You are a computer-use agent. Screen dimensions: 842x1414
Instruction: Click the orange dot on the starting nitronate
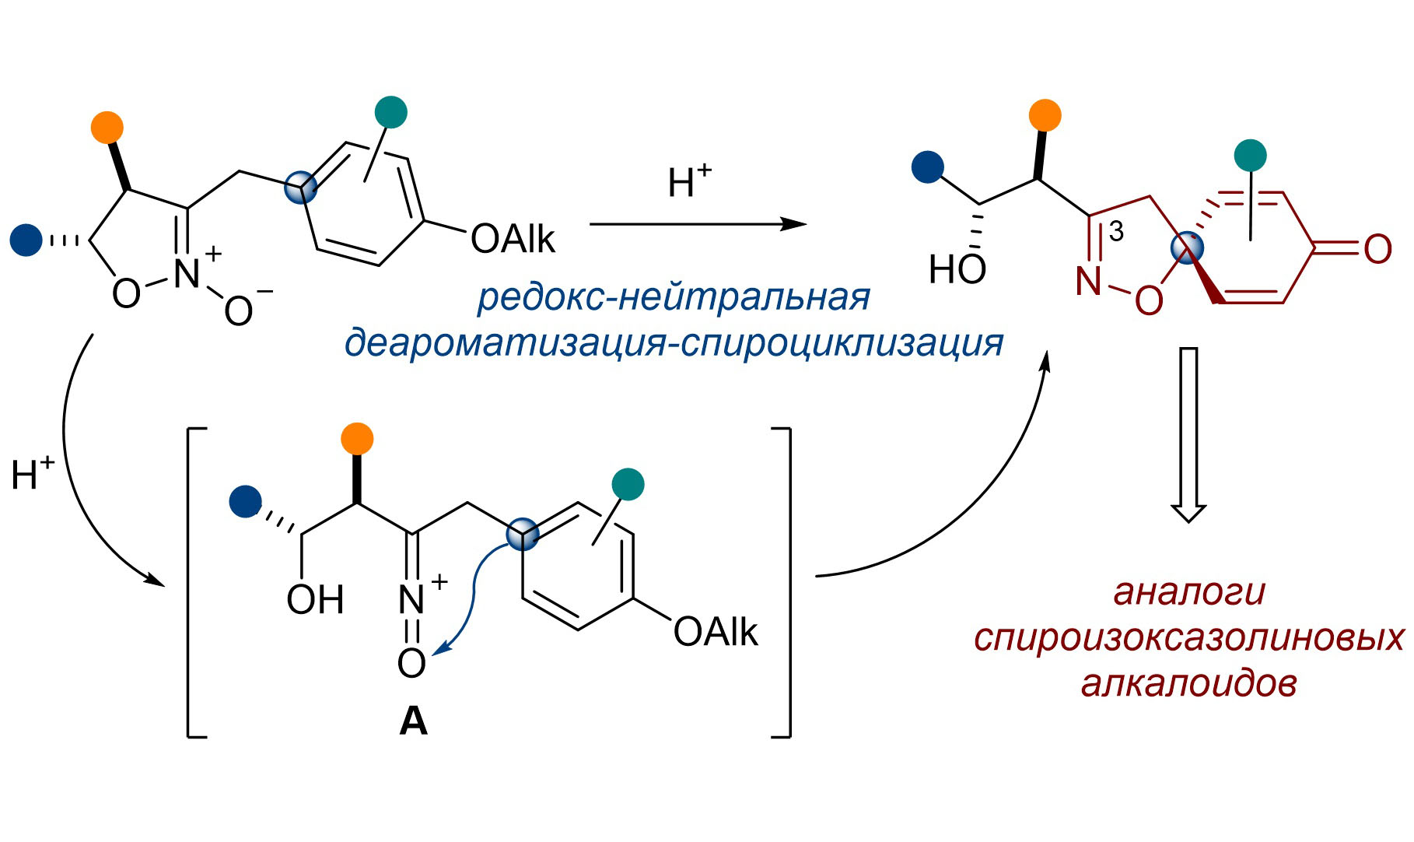(107, 128)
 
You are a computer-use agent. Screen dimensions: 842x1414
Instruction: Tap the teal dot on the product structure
(1250, 155)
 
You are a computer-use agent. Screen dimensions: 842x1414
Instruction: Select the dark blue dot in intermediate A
(246, 501)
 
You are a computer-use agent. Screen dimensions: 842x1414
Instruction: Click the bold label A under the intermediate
(413, 722)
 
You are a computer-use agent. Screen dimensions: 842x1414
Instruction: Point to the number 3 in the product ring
(1116, 231)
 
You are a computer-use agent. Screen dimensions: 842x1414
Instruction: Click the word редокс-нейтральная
(674, 296)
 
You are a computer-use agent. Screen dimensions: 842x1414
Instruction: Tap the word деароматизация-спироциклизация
(674, 342)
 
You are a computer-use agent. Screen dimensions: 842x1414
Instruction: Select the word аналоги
(1189, 591)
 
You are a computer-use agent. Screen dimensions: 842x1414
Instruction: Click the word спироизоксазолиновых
(1189, 637)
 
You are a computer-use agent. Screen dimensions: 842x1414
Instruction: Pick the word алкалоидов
(1189, 683)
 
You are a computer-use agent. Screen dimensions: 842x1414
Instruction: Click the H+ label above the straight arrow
(689, 181)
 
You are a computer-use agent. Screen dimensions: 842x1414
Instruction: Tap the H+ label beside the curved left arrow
(33, 474)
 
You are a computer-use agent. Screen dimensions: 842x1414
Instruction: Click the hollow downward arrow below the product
(1188, 436)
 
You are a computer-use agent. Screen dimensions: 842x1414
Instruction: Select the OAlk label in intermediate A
(716, 632)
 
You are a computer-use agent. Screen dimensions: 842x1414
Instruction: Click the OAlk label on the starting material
(513, 239)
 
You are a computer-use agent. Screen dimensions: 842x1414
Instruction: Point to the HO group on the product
(957, 269)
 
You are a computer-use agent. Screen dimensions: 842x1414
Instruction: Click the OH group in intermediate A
(315, 599)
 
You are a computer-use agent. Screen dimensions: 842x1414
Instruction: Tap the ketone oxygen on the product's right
(1377, 249)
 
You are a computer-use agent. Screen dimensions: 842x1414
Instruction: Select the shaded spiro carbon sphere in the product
(1187, 248)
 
